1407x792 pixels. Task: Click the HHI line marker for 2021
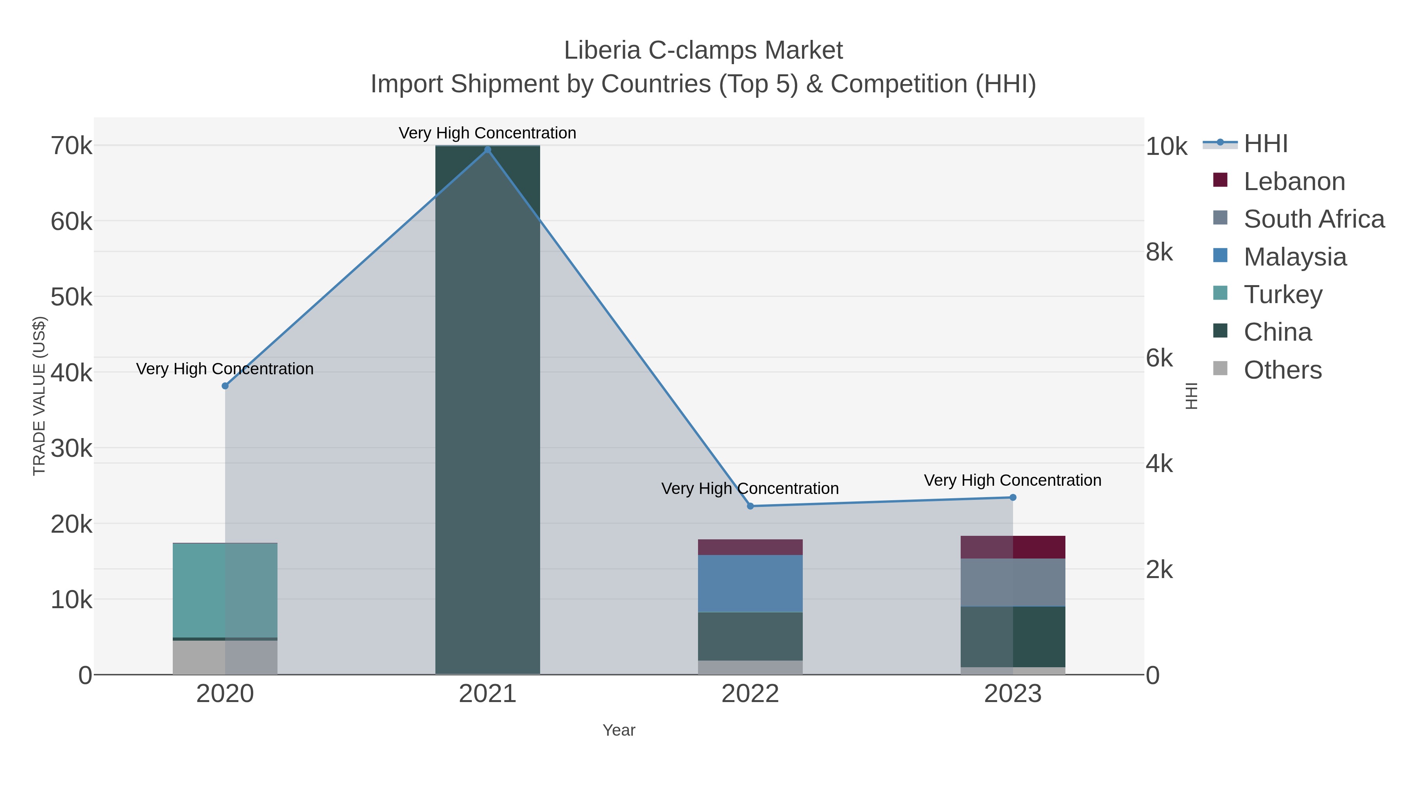pos(487,150)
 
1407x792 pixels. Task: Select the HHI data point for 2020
pos(225,386)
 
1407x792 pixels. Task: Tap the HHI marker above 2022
pos(750,506)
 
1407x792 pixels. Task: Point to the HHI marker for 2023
pos(1013,497)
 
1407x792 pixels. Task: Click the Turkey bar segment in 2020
pos(225,590)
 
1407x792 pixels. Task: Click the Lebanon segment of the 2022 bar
pos(750,547)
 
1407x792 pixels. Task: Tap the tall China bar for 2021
pos(487,410)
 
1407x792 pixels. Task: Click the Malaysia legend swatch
pos(1220,256)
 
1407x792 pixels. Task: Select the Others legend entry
pos(1282,370)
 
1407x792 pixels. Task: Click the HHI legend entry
pos(1266,144)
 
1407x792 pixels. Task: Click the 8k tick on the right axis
pos(1159,253)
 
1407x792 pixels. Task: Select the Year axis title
pos(619,730)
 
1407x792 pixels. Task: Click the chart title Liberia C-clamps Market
pos(703,50)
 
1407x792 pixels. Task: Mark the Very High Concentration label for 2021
pos(487,133)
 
